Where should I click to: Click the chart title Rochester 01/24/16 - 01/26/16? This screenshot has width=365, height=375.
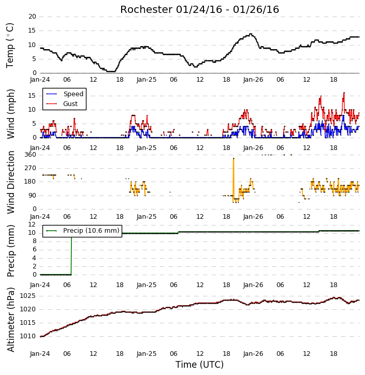coord(199,9)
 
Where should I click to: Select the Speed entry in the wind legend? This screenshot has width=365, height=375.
coord(65,94)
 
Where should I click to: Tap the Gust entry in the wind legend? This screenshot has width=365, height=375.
coord(62,104)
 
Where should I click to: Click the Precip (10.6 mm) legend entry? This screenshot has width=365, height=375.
coord(82,231)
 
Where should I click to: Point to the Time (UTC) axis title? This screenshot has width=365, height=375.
coord(199,365)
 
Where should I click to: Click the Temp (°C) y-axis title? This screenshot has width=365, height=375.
coord(10,46)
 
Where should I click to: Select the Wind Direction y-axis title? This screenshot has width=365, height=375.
coord(11,182)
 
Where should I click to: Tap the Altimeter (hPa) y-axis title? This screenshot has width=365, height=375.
coord(11,320)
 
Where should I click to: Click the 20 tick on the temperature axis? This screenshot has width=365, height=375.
coord(32,17)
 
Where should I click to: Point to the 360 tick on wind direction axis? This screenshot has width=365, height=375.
coord(31,155)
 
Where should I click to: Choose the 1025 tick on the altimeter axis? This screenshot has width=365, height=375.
coord(27,296)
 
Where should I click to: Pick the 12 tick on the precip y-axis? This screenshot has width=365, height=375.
coord(32,224)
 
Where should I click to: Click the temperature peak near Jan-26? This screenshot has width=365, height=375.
coord(251,34)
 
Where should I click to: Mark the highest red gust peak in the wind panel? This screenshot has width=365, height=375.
coord(344,93)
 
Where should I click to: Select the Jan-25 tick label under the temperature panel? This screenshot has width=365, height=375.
coord(147,80)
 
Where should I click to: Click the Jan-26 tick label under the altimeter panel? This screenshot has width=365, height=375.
coord(253,354)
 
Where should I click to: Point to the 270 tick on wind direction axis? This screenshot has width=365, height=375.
coord(31,168)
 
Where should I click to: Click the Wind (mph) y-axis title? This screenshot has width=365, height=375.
coord(11,114)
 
